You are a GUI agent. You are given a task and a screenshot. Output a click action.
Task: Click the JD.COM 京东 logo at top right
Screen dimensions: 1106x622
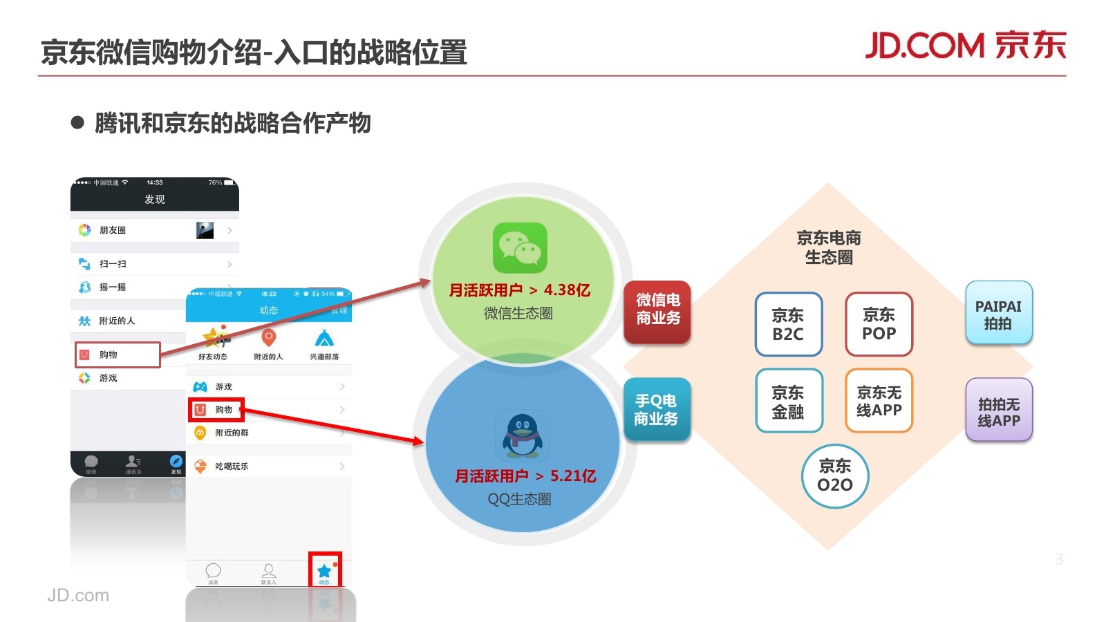pos(966,46)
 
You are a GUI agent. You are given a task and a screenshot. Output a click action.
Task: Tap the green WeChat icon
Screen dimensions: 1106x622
pos(520,248)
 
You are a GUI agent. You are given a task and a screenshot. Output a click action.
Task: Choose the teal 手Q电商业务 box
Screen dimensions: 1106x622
pos(657,410)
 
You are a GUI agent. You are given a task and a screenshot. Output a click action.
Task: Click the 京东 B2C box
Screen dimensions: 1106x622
pos(788,324)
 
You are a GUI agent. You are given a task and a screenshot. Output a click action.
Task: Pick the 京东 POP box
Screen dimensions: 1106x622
pos(879,324)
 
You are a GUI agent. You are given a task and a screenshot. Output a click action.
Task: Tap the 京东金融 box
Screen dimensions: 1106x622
pos(788,402)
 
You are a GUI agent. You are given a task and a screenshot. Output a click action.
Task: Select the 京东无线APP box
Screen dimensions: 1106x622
pos(879,402)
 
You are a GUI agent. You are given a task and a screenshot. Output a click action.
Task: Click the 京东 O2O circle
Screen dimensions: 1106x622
pos(835,475)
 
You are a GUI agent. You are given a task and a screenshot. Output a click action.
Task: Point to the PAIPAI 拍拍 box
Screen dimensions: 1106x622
pos(998,314)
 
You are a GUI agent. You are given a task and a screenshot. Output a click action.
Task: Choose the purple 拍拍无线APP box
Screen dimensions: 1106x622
pos(998,411)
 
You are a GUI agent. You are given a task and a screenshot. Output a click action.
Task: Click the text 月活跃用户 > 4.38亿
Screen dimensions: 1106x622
pos(519,290)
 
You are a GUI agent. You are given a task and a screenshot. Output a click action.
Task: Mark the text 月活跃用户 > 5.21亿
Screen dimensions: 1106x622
pos(525,475)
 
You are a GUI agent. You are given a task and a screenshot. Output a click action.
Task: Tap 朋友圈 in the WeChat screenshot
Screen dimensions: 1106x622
pos(113,230)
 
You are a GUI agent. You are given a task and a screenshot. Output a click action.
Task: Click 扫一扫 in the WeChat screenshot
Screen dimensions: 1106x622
pos(113,264)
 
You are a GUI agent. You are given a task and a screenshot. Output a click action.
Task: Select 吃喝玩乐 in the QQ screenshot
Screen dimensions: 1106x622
pos(232,466)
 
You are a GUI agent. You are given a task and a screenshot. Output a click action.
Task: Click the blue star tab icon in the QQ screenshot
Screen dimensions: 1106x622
pos(324,571)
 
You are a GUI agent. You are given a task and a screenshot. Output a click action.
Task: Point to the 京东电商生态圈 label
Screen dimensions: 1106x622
pos(829,247)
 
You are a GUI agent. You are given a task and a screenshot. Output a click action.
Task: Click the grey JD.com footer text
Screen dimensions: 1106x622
pos(78,595)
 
